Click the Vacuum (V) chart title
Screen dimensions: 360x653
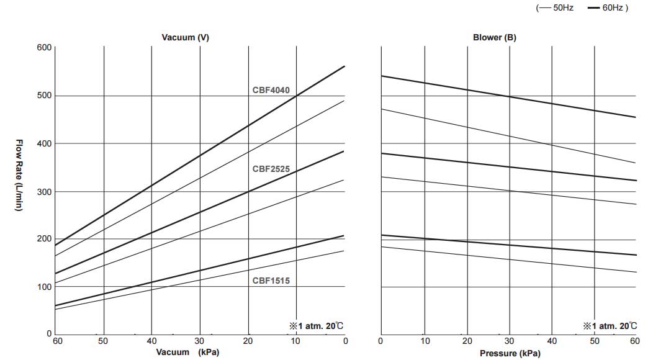click(185, 37)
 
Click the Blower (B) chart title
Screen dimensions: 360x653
click(494, 37)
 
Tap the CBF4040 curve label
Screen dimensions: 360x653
click(271, 90)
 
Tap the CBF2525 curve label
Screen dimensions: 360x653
click(271, 168)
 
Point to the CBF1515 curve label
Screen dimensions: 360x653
click(271, 281)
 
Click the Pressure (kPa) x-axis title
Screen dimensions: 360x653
click(510, 353)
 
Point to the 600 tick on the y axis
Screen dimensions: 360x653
click(44, 47)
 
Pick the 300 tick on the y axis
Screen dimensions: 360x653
click(44, 191)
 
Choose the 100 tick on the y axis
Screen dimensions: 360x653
click(44, 287)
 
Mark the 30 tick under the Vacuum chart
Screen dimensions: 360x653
click(200, 340)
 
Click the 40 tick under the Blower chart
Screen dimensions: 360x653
click(552, 340)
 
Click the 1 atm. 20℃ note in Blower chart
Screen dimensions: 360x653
click(610, 325)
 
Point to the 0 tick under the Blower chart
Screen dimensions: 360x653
click(381, 340)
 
